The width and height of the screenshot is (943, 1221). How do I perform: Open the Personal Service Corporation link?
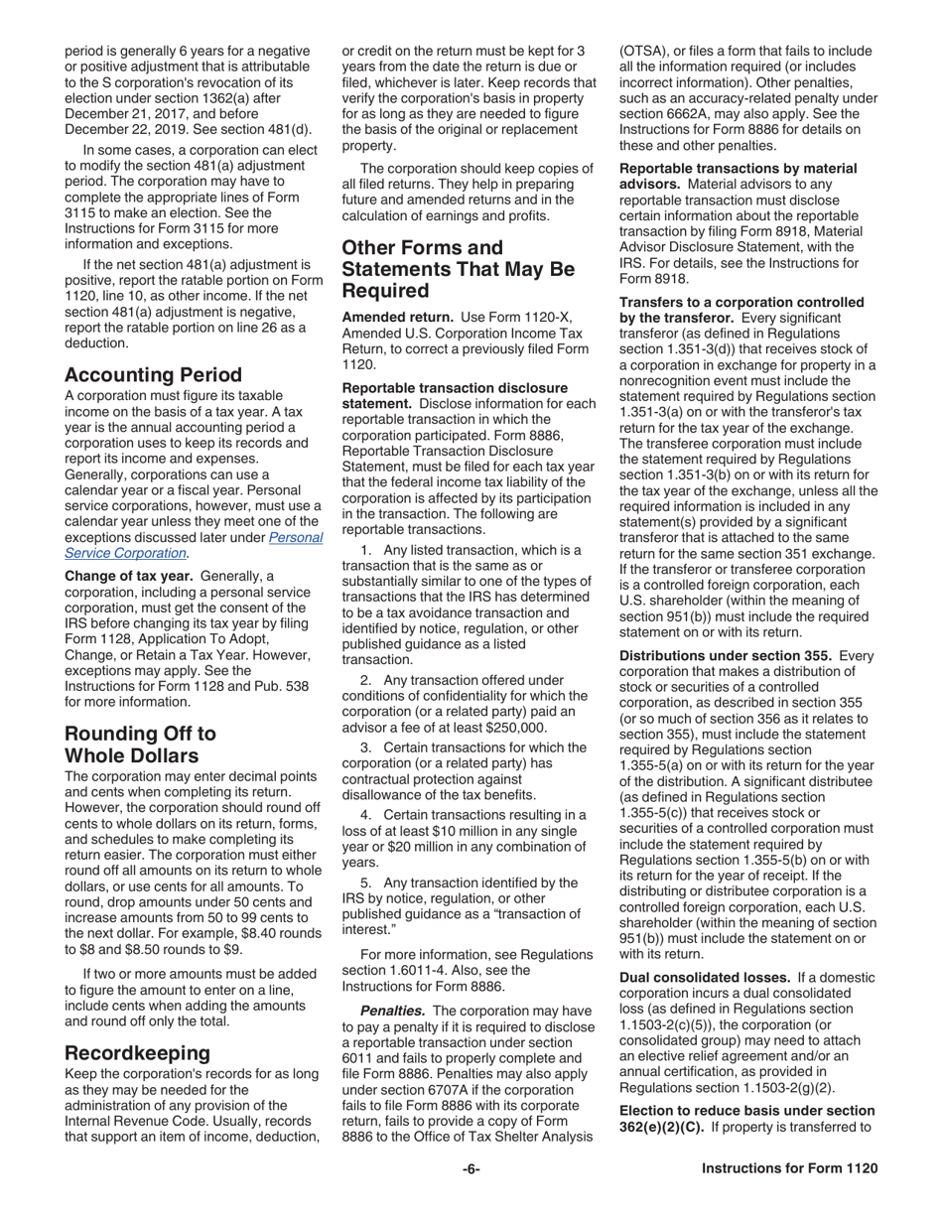click(194, 545)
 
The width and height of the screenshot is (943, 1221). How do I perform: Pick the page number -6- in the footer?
click(471, 1168)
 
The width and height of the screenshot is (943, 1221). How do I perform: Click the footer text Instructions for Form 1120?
click(789, 1168)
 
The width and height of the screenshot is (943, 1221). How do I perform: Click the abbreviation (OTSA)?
click(646, 51)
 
